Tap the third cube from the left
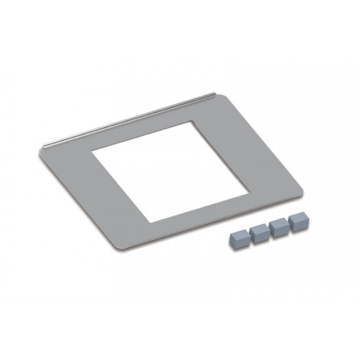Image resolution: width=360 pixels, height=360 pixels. (279, 227)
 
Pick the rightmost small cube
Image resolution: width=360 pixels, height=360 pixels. (300, 222)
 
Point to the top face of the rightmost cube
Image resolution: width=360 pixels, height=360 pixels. (300, 217)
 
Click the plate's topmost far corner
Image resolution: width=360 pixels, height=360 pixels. (226, 97)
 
